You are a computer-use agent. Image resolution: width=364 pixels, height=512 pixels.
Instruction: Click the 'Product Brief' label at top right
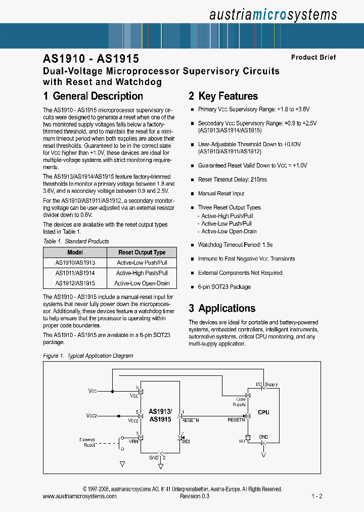(x=313, y=58)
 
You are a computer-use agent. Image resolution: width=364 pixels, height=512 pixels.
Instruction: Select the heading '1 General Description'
(x=93, y=96)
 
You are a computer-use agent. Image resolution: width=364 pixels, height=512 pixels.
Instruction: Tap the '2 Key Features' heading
(x=223, y=96)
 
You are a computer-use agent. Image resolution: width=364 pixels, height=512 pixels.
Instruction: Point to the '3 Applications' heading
(x=222, y=308)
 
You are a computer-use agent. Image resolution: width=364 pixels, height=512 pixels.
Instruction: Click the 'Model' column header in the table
(x=75, y=252)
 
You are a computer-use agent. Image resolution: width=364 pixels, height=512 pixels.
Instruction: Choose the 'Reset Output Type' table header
(x=142, y=252)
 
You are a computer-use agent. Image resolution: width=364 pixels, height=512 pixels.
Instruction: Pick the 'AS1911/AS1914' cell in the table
(x=75, y=273)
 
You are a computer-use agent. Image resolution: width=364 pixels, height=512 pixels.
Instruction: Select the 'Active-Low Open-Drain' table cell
(x=142, y=283)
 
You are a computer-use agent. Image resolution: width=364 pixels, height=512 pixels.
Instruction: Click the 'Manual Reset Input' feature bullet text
(x=221, y=193)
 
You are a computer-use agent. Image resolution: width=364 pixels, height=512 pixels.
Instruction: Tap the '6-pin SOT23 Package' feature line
(x=224, y=287)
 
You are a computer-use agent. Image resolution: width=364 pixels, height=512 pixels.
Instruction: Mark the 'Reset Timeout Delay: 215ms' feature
(x=232, y=180)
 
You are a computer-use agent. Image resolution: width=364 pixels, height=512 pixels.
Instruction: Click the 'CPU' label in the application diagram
(x=263, y=412)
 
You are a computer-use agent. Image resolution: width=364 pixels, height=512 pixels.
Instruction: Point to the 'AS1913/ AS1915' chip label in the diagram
(x=160, y=415)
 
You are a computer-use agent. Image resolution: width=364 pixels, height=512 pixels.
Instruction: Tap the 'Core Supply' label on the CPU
(x=239, y=402)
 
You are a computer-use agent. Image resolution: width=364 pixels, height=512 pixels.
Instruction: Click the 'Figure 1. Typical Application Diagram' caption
(x=88, y=356)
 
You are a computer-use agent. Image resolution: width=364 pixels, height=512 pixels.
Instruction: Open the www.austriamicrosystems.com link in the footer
(x=79, y=496)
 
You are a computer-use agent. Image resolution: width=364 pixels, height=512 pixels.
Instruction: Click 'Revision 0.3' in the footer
(x=195, y=496)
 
